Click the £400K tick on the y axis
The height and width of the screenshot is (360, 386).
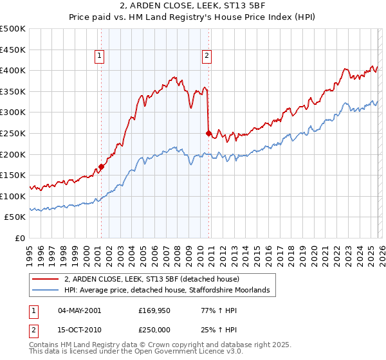[x=13, y=71]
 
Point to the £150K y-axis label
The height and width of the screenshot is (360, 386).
[x=13, y=175]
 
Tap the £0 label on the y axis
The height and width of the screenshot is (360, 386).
[x=19, y=238]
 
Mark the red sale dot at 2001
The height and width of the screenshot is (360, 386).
[x=101, y=167]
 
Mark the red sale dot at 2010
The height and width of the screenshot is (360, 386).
[x=208, y=134]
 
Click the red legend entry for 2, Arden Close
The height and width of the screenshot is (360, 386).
[x=152, y=280]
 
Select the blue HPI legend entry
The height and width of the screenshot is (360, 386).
[x=170, y=291]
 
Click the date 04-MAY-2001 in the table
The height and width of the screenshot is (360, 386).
[x=79, y=310]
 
